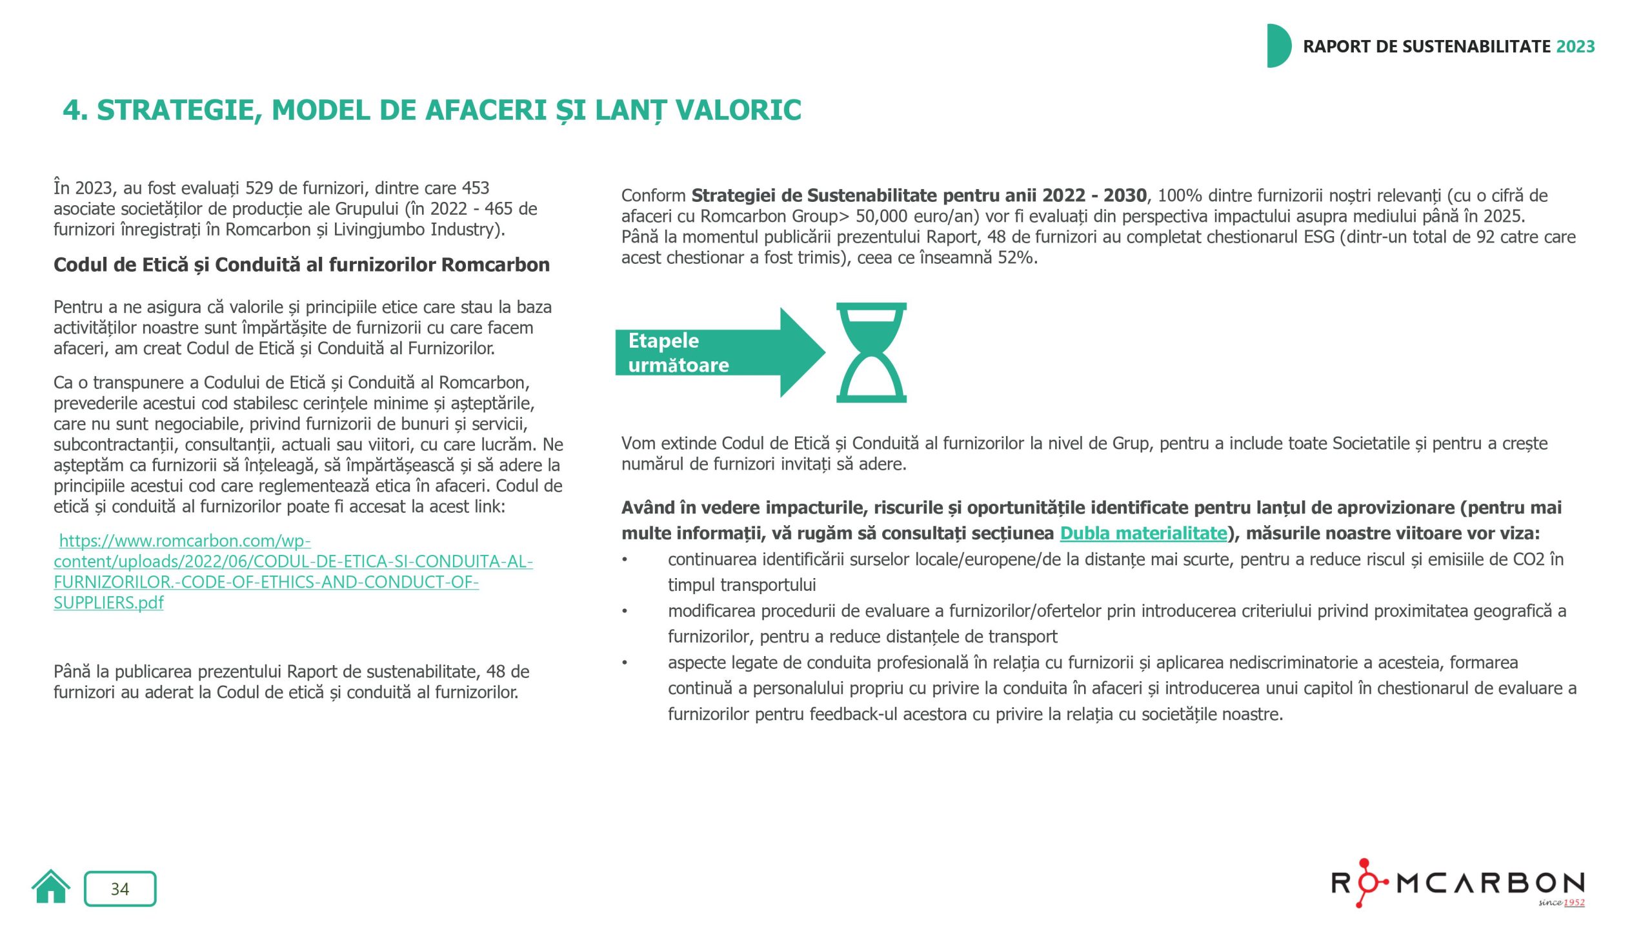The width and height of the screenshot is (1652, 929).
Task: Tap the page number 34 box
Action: pyautogui.click(x=120, y=888)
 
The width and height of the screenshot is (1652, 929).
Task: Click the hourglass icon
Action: pyautogui.click(x=871, y=352)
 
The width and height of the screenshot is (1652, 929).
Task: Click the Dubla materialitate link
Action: pyautogui.click(x=1143, y=533)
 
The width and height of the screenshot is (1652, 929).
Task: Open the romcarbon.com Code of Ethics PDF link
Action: pyautogui.click(x=293, y=572)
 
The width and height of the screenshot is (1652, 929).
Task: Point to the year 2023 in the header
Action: pyautogui.click(x=1575, y=46)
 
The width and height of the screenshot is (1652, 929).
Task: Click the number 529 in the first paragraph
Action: pyautogui.click(x=259, y=188)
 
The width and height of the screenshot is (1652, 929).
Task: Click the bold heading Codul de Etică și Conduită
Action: pyautogui.click(x=301, y=265)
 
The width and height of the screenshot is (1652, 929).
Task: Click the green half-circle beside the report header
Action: pyautogui.click(x=1278, y=46)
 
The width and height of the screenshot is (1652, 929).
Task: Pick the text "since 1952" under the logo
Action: pyautogui.click(x=1561, y=902)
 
